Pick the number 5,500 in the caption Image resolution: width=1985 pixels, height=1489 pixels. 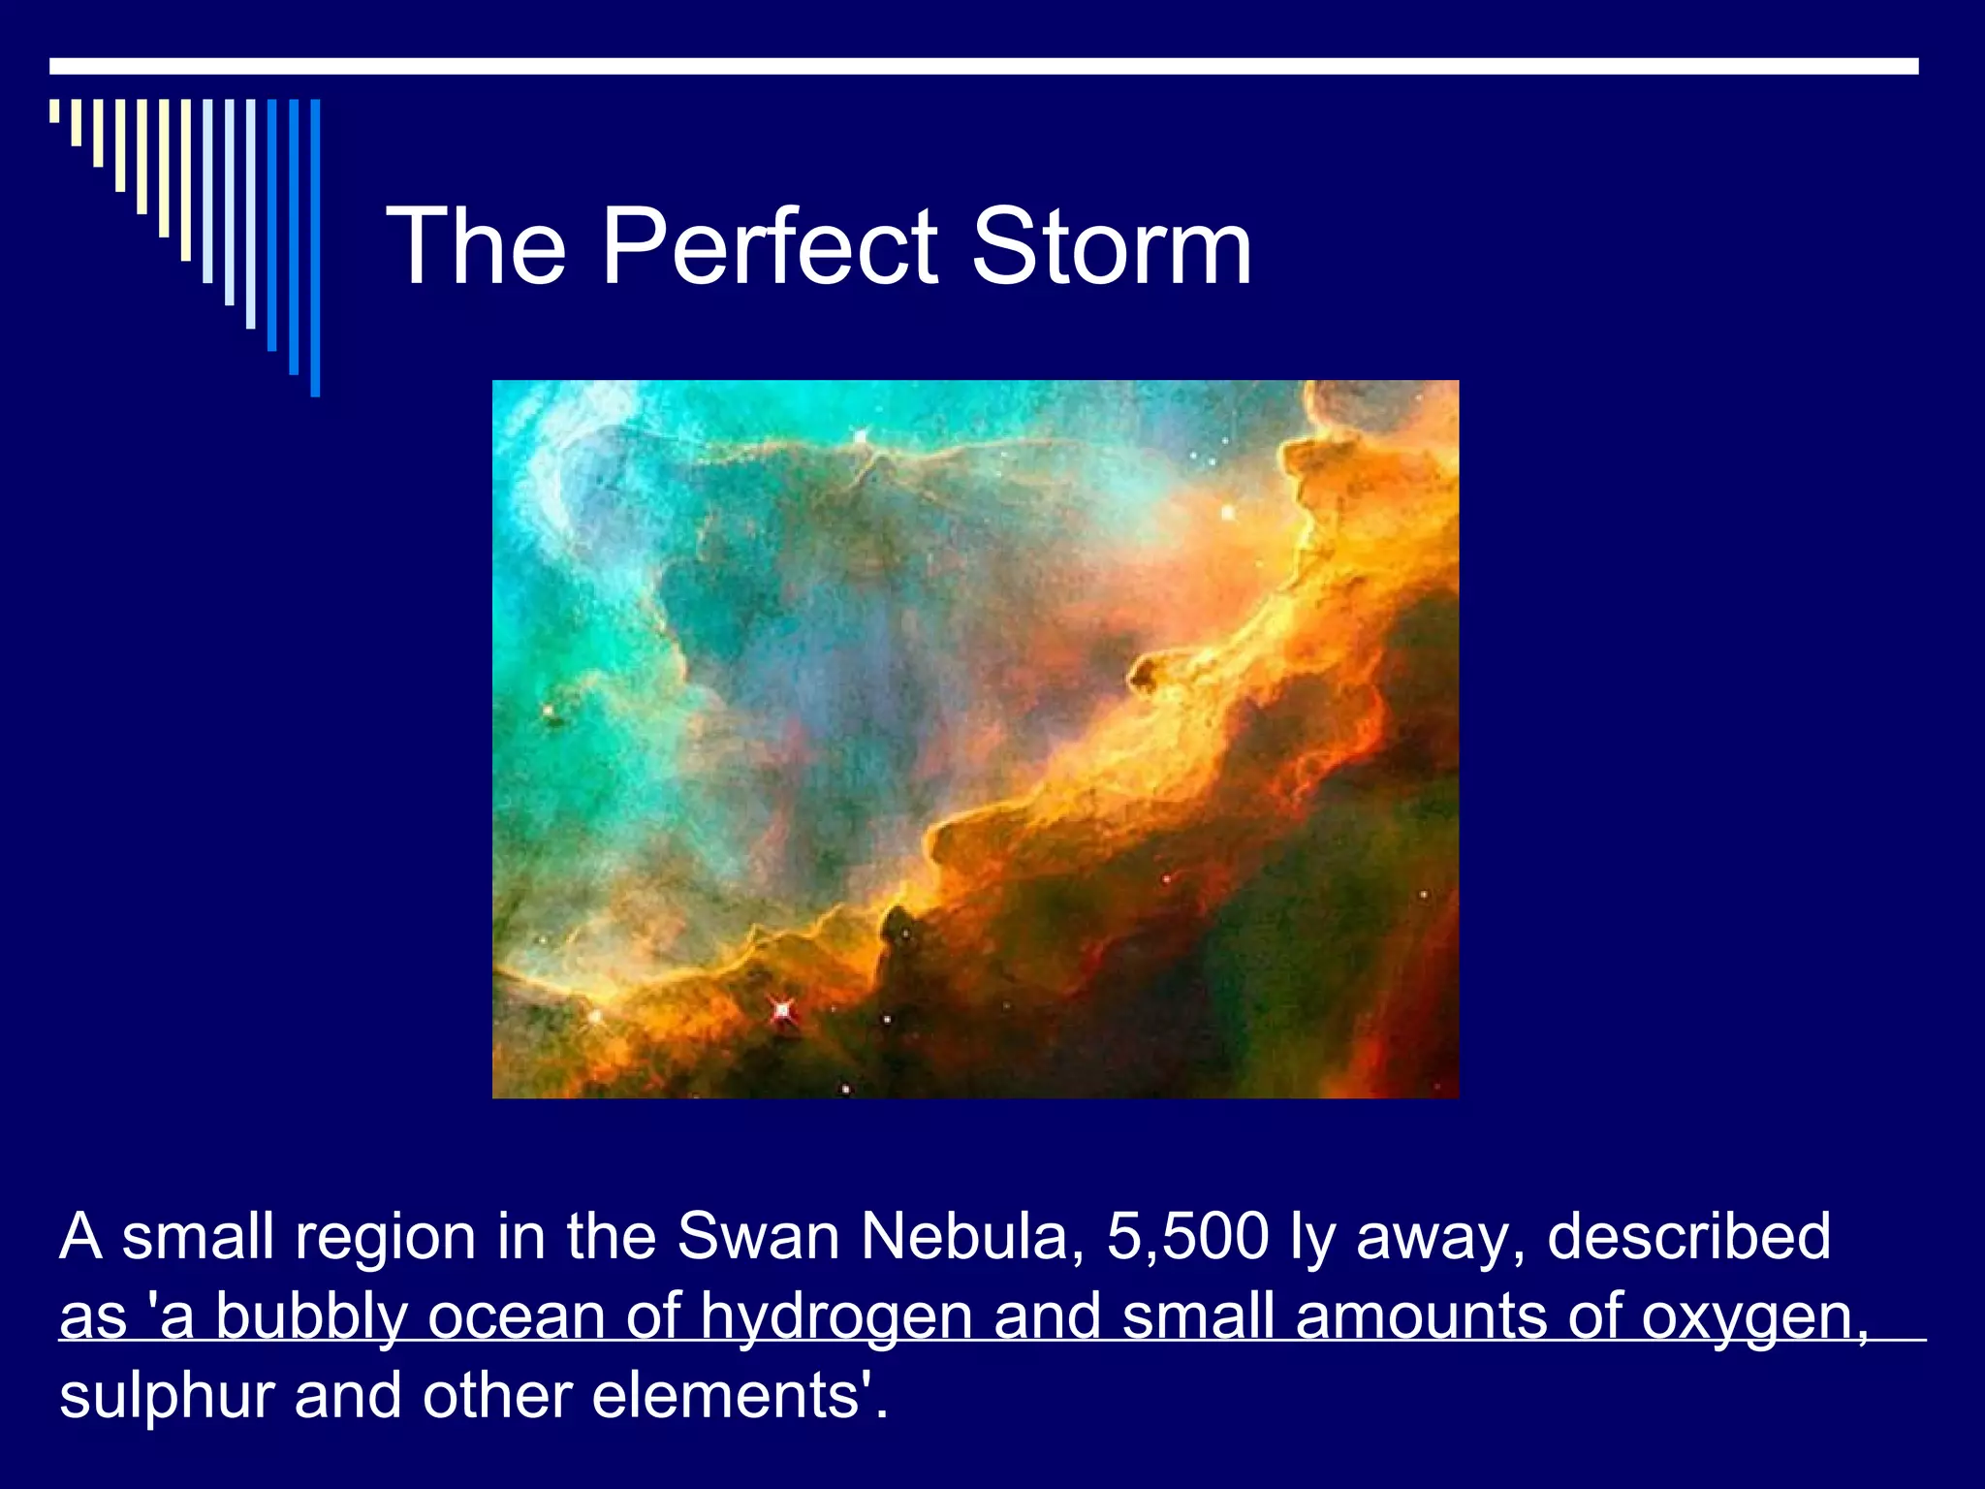coord(1187,1237)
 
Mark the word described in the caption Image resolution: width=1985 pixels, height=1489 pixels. coord(1688,1237)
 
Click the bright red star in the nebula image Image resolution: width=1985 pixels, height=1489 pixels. coord(782,1011)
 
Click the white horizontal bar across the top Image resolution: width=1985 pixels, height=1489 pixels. coord(984,66)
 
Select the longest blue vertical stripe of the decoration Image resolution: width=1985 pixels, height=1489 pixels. coord(315,247)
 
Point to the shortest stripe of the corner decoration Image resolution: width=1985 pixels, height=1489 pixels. coord(54,111)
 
